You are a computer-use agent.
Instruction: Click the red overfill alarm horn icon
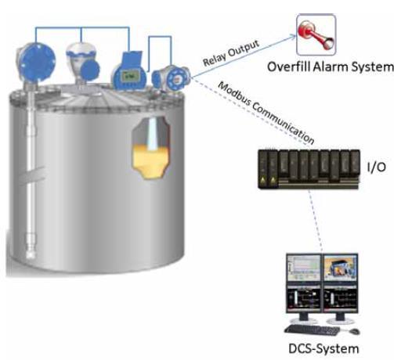(316, 34)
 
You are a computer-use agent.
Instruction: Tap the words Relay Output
(231, 53)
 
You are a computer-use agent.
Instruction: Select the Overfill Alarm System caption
(331, 67)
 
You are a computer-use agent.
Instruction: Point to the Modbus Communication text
(266, 113)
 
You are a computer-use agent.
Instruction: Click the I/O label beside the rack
(376, 167)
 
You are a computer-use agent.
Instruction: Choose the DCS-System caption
(324, 349)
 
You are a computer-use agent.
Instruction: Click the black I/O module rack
(309, 168)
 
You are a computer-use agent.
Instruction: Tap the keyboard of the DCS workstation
(312, 330)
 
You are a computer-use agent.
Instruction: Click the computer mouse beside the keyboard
(354, 331)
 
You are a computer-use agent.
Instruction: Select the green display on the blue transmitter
(130, 77)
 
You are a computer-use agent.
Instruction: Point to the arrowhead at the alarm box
(293, 37)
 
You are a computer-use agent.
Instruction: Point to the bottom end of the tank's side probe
(31, 257)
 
